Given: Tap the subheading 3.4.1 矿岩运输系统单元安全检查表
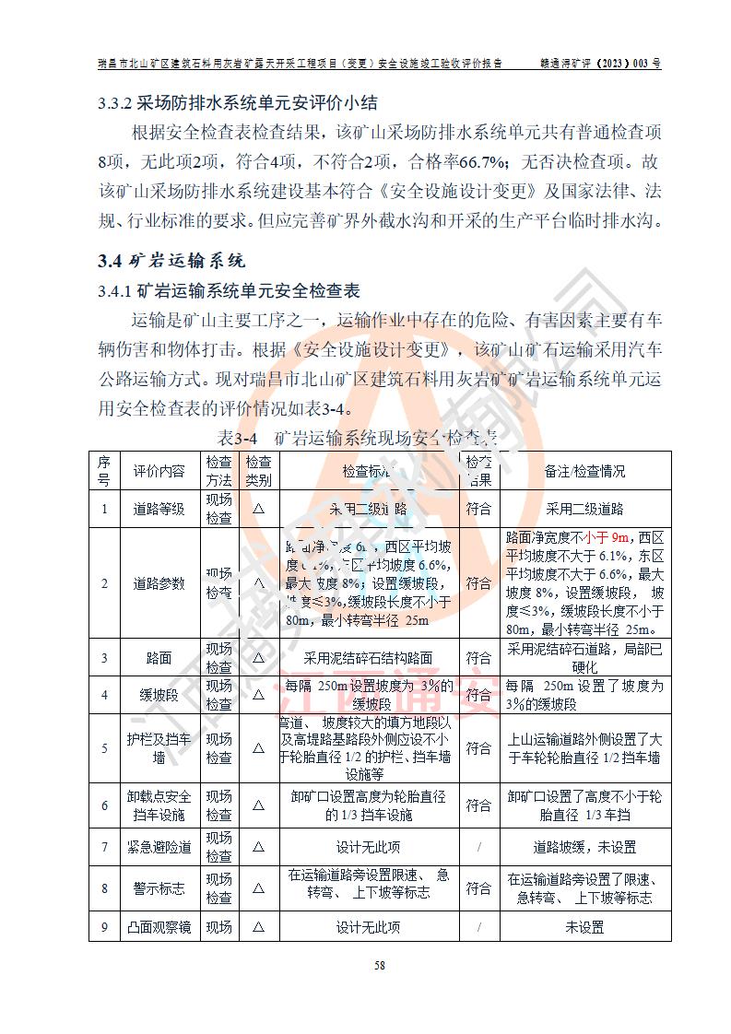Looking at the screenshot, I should point(229,292).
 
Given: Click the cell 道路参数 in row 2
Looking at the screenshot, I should point(159,583).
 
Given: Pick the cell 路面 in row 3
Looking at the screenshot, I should point(159,658).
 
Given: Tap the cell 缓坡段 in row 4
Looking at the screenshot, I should point(159,695).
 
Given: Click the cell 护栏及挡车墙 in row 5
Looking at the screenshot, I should point(159,748).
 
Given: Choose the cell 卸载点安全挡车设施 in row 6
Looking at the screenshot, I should point(159,805).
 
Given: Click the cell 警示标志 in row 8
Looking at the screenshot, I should point(159,887).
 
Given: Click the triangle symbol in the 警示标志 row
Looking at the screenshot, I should point(258,887).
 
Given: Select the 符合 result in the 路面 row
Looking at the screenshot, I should point(478,658).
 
